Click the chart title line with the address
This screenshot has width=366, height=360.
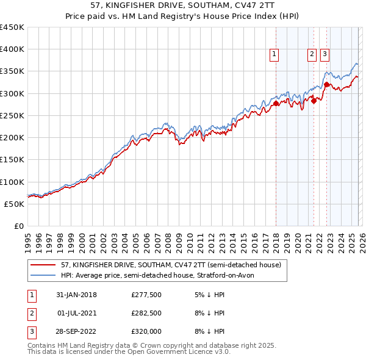(182, 6)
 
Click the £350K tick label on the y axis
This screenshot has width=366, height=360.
(12, 71)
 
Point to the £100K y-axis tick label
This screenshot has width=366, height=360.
(12, 182)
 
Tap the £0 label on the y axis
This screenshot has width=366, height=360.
(18, 226)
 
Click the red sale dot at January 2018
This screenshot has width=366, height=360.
(276, 104)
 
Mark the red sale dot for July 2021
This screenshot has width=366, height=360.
(314, 101)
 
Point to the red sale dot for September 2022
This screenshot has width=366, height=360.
(326, 85)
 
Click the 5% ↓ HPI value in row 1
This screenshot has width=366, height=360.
(208, 295)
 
